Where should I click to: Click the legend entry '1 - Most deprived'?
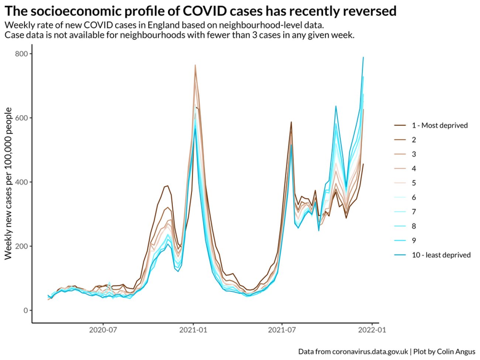pyautogui.click(x=439, y=126)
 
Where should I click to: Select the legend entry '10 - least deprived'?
pyautogui.click(x=441, y=255)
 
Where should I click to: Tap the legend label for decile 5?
pyautogui.click(x=414, y=183)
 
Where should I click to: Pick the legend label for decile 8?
pyautogui.click(x=414, y=226)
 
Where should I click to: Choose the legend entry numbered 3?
pyautogui.click(x=414, y=154)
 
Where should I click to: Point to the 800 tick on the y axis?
pyautogui.click(x=21, y=54)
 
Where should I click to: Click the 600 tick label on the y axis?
pyautogui.click(x=21, y=118)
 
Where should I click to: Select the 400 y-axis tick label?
pyautogui.click(x=21, y=182)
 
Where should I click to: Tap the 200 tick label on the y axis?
pyautogui.click(x=21, y=246)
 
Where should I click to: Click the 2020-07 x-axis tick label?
pyautogui.click(x=103, y=330)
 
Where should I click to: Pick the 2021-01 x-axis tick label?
pyautogui.click(x=193, y=330)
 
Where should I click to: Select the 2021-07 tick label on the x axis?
pyautogui.click(x=282, y=330)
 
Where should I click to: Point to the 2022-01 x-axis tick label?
pyautogui.click(x=371, y=330)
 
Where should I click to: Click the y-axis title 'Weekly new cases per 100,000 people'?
pyautogui.click(x=8, y=184)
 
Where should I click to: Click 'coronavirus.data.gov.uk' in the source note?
pyautogui.click(x=370, y=352)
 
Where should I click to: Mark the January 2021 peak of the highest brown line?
pyautogui.click(x=195, y=65)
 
